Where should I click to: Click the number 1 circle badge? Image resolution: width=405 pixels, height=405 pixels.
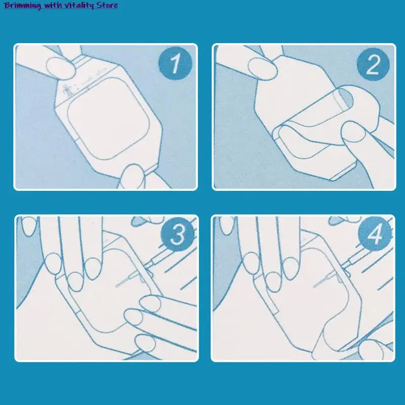(175, 63)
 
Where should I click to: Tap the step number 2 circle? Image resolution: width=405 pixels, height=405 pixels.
(373, 64)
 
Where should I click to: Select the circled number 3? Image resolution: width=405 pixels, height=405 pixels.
(178, 234)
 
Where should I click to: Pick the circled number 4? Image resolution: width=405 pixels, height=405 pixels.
(375, 234)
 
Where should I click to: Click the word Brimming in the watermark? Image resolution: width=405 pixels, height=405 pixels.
(22, 6)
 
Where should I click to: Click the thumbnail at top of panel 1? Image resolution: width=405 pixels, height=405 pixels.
(61, 68)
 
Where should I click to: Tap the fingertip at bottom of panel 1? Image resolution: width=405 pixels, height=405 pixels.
(132, 176)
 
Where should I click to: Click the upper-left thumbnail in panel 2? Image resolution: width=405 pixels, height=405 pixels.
(262, 69)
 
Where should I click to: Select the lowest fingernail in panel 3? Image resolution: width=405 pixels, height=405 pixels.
(145, 343)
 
